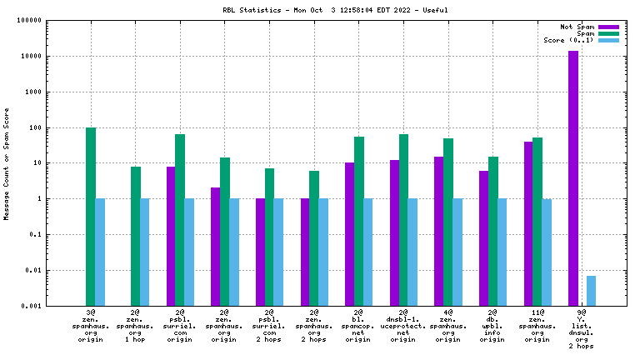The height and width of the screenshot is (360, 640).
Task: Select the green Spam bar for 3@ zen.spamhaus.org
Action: click(x=91, y=217)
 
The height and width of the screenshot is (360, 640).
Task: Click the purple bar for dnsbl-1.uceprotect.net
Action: click(x=394, y=232)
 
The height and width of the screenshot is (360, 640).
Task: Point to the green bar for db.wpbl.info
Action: click(x=493, y=231)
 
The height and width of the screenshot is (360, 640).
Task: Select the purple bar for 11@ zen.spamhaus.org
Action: click(x=528, y=223)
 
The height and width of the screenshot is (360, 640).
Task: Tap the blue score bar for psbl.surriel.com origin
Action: click(x=189, y=252)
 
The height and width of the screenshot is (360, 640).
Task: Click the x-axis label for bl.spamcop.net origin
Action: click(x=358, y=326)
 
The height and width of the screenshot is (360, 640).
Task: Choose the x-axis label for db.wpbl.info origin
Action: click(x=492, y=326)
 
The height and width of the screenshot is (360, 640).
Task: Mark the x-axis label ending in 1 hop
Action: click(x=135, y=326)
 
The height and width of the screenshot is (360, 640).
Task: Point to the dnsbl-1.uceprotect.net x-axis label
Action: click(x=403, y=326)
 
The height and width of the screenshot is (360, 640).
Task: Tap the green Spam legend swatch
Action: click(x=609, y=33)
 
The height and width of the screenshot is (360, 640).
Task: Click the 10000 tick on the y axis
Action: click(x=30, y=57)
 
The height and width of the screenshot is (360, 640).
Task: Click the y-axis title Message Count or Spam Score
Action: click(x=7, y=163)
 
